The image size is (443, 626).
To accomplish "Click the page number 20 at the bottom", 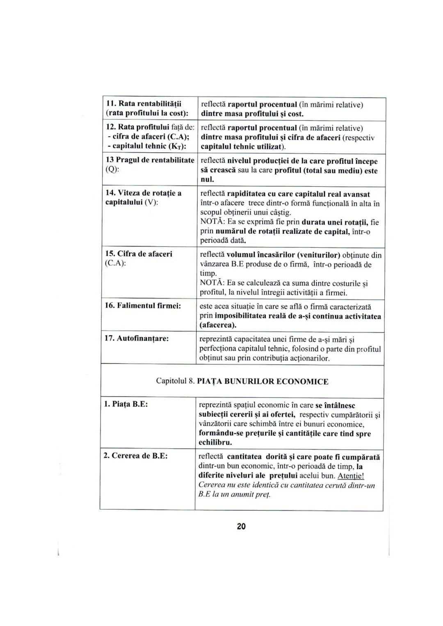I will click(x=241, y=527).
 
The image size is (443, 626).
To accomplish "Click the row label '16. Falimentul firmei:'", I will click(x=144, y=306).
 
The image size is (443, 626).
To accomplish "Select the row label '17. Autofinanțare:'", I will click(x=137, y=338).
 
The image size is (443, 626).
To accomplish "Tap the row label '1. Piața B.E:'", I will click(x=126, y=404).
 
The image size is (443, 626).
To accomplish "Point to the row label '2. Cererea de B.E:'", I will click(x=135, y=456).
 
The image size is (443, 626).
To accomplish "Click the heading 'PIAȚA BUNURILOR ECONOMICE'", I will click(x=263, y=382).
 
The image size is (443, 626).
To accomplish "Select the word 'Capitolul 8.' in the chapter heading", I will click(x=175, y=382).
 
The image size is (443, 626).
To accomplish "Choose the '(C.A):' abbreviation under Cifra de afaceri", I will click(x=115, y=263).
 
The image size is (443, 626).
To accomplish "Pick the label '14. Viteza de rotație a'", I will click(x=144, y=193).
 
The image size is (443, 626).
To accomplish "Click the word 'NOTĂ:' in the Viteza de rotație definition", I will click(x=212, y=222).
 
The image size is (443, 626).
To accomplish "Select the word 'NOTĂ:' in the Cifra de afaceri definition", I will click(x=212, y=283).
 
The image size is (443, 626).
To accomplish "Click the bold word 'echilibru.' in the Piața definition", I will click(x=215, y=443).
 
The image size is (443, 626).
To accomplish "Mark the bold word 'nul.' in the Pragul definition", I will click(x=207, y=180).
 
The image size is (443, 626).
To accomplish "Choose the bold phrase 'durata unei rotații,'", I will click(x=334, y=222).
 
